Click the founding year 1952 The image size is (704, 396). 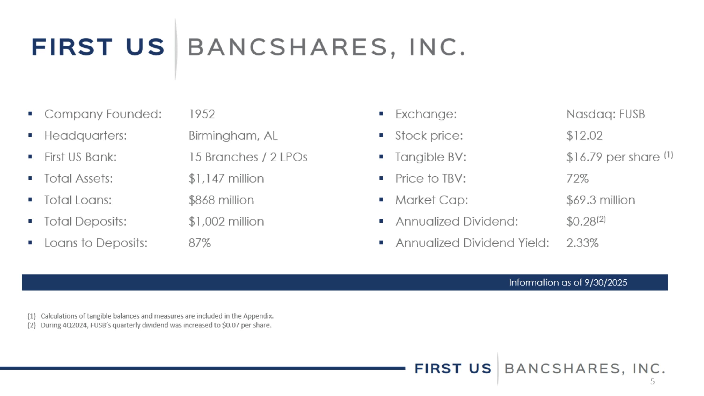tap(202, 114)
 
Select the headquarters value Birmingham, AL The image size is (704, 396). tap(233, 135)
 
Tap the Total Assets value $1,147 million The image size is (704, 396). tap(226, 179)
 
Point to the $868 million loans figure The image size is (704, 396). tap(221, 200)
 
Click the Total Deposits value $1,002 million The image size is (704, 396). tap(226, 222)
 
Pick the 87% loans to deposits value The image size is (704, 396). tap(200, 243)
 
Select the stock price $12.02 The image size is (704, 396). tap(585, 135)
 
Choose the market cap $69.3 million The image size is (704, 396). tap(601, 200)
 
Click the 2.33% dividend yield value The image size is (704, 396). tap(583, 243)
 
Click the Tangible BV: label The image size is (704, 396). tap(431, 157)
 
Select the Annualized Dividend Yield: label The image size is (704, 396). tap(472, 243)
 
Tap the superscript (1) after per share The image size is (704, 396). tap(669, 155)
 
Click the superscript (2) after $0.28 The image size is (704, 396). tap(601, 219)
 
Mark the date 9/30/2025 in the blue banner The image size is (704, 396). tap(606, 283)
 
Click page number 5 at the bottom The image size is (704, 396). tap(653, 382)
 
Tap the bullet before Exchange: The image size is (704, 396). tap(382, 114)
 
